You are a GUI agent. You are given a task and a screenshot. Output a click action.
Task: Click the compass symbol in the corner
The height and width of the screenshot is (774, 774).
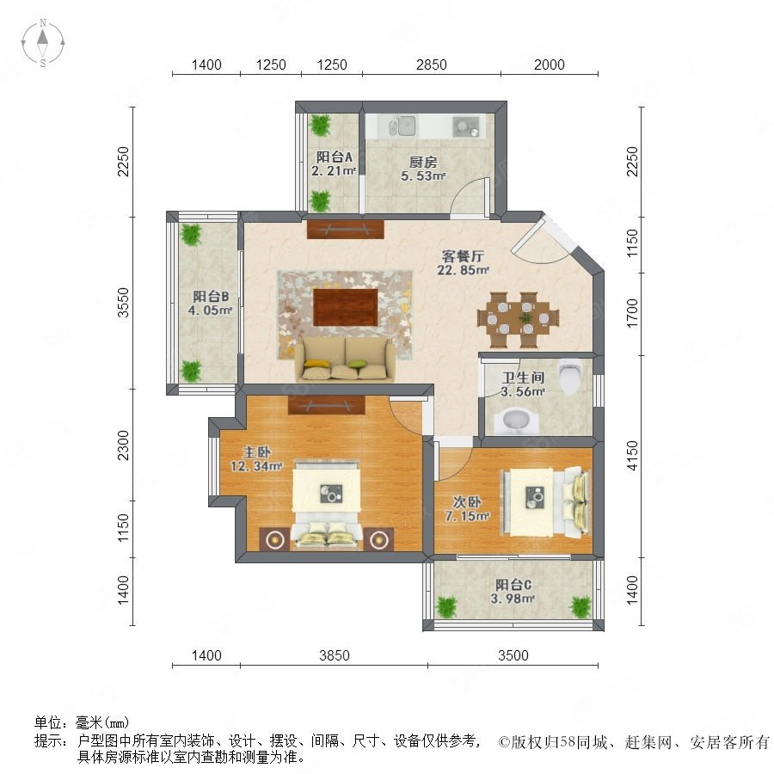click(x=43, y=43)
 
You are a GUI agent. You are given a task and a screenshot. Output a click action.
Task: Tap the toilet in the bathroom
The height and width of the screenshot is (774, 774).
click(x=569, y=377)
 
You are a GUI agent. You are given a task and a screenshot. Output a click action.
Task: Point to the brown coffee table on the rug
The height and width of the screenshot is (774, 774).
click(x=346, y=308)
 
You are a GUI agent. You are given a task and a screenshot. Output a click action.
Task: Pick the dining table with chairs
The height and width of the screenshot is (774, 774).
click(x=518, y=319)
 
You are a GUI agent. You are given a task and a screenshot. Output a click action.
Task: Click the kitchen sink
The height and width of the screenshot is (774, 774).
click(x=404, y=126)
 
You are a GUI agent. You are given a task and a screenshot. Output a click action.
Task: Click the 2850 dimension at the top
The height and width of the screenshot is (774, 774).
click(x=432, y=64)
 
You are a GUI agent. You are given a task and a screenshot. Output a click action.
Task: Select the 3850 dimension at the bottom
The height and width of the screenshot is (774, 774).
click(x=335, y=655)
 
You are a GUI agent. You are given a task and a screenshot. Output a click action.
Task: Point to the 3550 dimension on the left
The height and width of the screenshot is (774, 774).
click(x=123, y=302)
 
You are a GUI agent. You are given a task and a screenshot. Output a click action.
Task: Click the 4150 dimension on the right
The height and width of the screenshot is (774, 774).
click(x=632, y=456)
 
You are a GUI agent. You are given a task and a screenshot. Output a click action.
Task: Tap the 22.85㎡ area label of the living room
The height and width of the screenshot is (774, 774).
click(x=463, y=270)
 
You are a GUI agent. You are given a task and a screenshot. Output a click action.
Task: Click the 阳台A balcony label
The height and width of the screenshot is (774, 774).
click(x=335, y=157)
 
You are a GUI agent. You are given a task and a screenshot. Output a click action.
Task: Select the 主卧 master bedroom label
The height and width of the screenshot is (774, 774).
click(x=256, y=451)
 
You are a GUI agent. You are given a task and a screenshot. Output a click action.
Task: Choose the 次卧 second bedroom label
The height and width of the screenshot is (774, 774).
click(x=467, y=502)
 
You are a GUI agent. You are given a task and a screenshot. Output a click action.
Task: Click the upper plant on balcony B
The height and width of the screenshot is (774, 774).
click(x=191, y=235)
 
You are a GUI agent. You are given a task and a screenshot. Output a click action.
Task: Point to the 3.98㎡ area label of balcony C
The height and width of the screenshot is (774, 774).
click(x=513, y=599)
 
